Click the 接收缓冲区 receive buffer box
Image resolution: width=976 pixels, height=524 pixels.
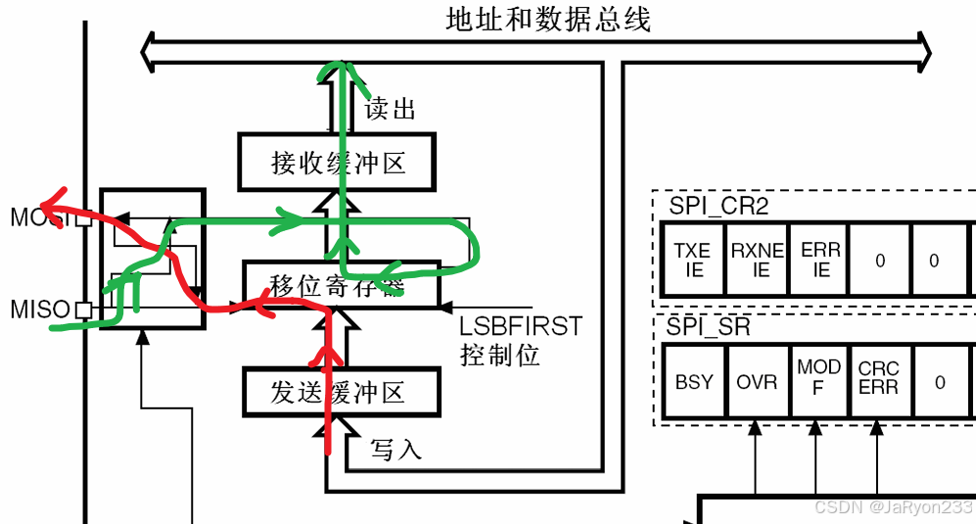338,163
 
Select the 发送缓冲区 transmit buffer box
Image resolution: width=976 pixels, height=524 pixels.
338,393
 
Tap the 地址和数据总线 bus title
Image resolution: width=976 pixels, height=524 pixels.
548,20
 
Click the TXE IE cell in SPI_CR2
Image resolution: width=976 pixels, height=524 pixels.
693,260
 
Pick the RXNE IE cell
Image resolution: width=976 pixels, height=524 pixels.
758,260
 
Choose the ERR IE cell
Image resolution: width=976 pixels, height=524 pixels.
820,260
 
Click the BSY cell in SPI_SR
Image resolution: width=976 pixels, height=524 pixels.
694,381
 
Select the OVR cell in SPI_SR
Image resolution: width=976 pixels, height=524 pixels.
757,381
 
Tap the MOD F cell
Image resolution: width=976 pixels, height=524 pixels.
818,376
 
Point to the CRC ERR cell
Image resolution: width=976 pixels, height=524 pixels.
878,378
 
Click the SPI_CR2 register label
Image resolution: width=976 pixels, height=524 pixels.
719,205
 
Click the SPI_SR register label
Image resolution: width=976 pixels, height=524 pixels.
710,327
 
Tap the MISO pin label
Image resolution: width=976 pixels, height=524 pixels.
40,310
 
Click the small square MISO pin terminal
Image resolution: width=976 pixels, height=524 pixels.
84,310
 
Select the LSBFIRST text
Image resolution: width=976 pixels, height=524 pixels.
521,326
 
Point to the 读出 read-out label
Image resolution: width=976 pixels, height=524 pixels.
390,109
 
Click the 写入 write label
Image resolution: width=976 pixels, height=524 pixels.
395,450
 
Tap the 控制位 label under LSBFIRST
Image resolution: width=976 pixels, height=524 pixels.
499,355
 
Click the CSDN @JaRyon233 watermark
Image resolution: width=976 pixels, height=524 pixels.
894,507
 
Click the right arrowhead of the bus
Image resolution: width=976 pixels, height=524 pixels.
922,47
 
